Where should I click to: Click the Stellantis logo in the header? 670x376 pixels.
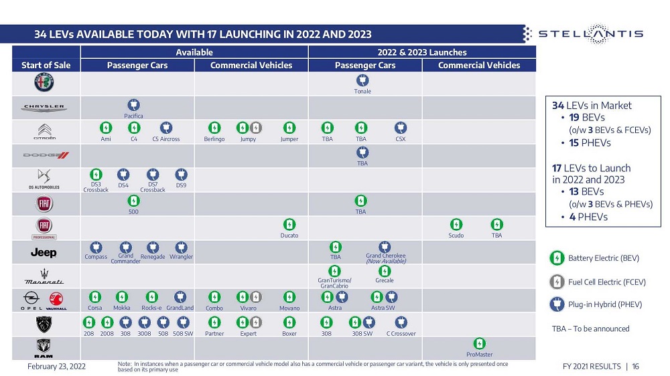coord(583,33)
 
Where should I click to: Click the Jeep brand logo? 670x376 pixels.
coord(44,252)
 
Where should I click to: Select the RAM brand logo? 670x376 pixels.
coord(45,348)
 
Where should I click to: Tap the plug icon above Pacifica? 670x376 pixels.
coord(133,104)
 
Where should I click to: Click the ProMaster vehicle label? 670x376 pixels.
coord(479,355)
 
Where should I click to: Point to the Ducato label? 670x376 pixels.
coord(289,236)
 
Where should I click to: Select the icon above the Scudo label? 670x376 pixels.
coord(456,224)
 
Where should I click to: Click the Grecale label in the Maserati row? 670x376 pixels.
coord(385,281)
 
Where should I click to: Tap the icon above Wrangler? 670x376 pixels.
coord(181,247)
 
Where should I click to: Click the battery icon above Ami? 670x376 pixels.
coord(106,127)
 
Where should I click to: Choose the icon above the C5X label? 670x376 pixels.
coord(400,127)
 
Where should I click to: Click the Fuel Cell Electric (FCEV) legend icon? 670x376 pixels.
coord(556,282)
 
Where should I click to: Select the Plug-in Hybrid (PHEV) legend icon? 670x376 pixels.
coord(556,304)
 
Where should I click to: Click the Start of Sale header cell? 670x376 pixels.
coord(46,66)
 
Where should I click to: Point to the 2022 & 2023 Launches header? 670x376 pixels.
coord(422,52)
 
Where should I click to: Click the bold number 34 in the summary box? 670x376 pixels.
coord(557,105)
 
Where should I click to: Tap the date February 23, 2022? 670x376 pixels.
coord(56,367)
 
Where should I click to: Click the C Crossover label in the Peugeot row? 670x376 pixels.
coord(401,334)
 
